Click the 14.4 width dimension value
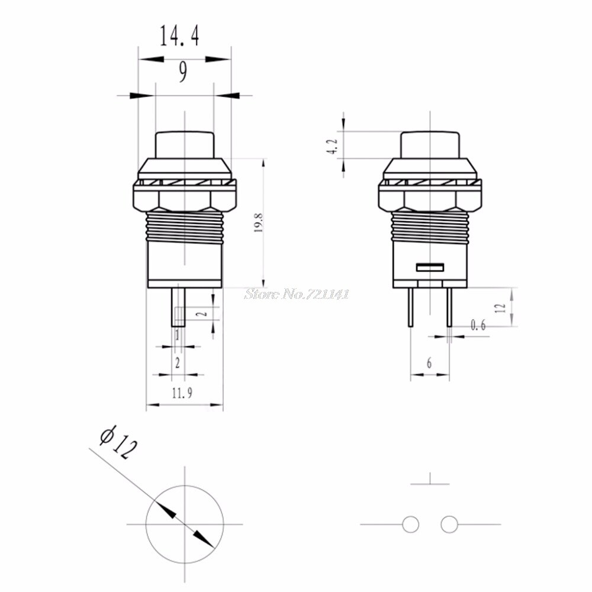coord(178,36)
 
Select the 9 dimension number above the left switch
coord(183,72)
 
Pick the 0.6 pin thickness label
coord(478,324)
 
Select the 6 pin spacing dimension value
coord(429,363)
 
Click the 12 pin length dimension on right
coord(500,307)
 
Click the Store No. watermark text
coord(297,293)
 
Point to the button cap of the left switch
coord(184,144)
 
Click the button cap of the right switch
coord(429,144)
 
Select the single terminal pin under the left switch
coord(178,307)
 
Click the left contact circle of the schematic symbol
coord(410,524)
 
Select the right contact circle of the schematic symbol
coord(449,524)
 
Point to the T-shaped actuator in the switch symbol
coord(429,480)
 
